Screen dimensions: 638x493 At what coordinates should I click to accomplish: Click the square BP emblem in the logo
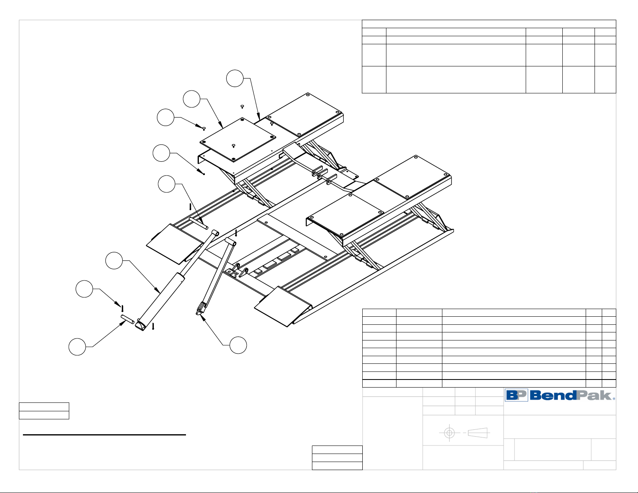[516, 395]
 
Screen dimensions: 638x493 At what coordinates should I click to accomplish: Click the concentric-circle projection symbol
[449, 433]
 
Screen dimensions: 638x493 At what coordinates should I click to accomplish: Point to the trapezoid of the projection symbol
[478, 433]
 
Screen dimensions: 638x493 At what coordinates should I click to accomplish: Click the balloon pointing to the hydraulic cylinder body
[114, 261]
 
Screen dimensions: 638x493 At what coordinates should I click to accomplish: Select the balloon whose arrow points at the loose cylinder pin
[77, 347]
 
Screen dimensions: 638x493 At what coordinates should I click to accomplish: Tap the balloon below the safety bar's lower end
[238, 345]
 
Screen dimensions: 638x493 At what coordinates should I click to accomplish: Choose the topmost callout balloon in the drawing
[235, 78]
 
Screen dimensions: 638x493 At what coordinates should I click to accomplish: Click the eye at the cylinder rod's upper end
[215, 233]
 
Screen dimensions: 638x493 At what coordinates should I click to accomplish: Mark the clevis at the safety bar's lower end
[200, 310]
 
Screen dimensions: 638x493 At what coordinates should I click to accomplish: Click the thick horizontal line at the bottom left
[104, 435]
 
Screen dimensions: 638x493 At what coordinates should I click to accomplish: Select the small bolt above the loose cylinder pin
[122, 309]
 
